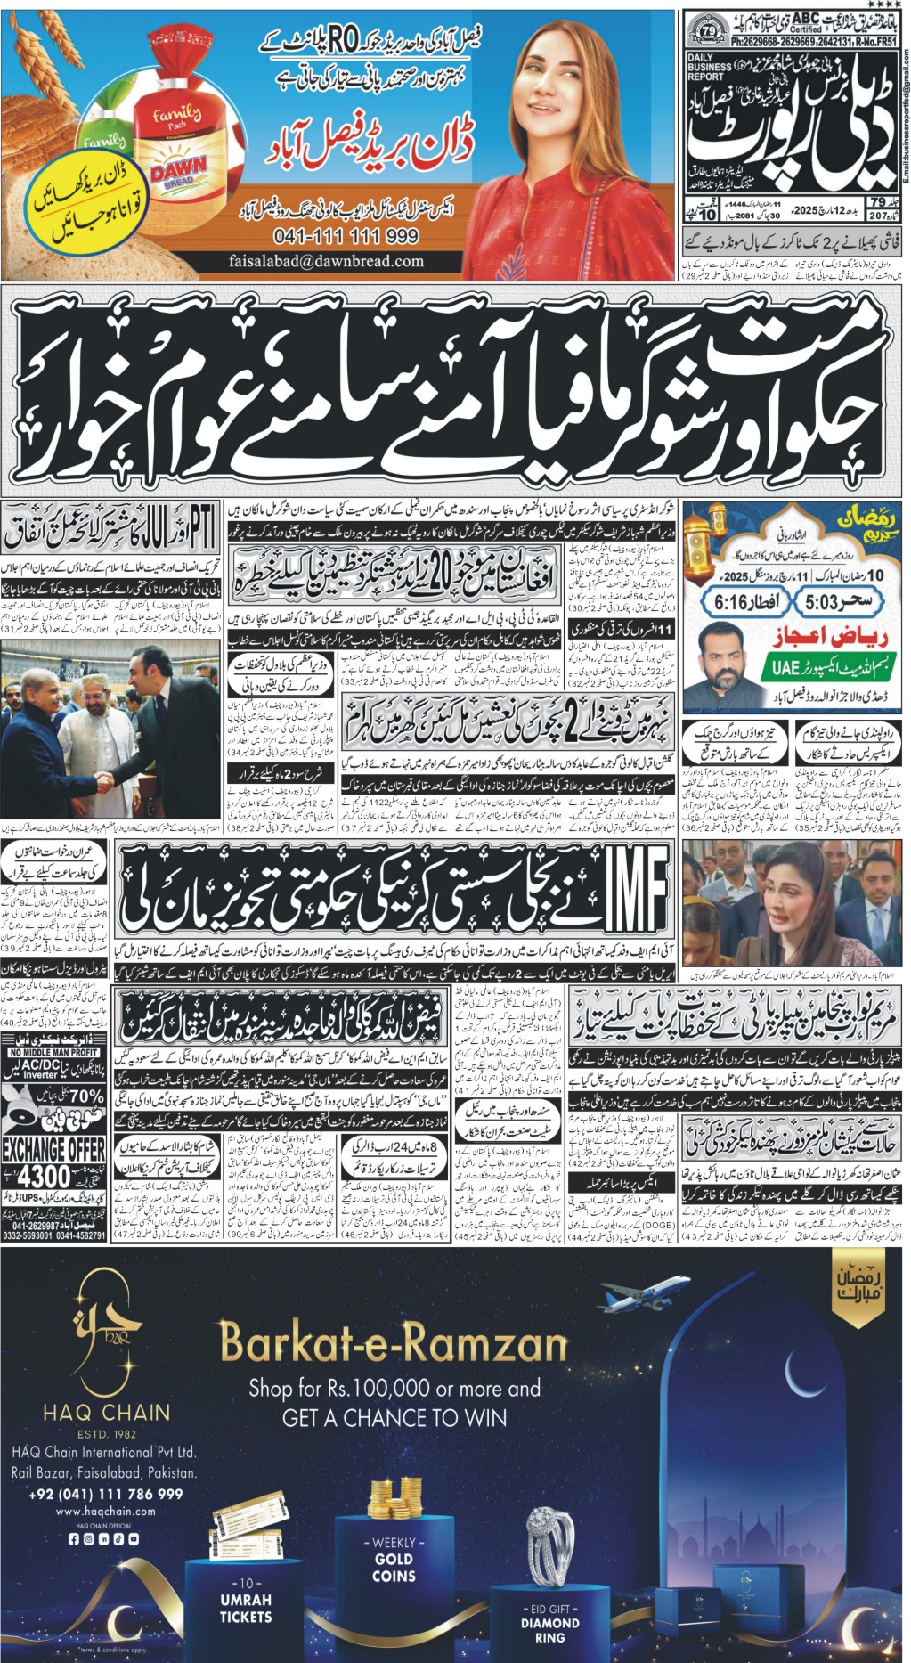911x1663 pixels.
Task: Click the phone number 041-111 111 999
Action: tap(347, 235)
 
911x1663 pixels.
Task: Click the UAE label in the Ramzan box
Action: tap(785, 666)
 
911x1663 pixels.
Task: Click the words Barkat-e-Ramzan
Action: tap(393, 1342)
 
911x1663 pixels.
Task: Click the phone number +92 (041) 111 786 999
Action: tap(105, 1494)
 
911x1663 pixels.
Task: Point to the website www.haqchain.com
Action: tap(105, 1512)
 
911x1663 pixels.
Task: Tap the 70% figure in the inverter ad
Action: tap(85, 1096)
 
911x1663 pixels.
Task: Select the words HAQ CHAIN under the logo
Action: tap(106, 1412)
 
